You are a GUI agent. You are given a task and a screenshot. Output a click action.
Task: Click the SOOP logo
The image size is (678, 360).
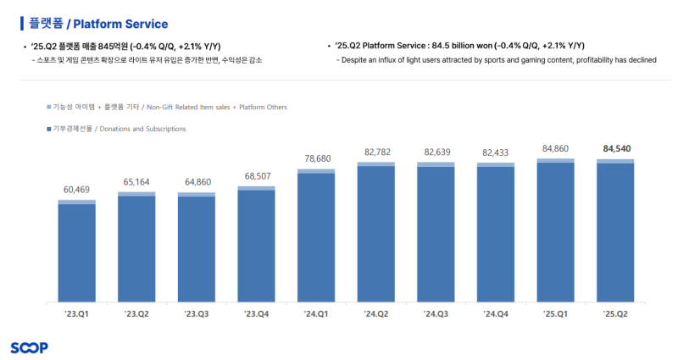pyautogui.click(x=29, y=347)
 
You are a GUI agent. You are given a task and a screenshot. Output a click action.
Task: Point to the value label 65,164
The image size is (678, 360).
pyautogui.click(x=136, y=182)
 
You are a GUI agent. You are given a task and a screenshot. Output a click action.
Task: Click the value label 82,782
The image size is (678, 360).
pyautogui.click(x=376, y=151)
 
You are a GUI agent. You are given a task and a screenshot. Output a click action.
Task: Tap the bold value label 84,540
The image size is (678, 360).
pyautogui.click(x=616, y=148)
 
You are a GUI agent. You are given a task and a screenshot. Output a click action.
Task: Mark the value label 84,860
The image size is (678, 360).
pyautogui.click(x=556, y=148)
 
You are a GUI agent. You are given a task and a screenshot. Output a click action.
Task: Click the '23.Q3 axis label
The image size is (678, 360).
pyautogui.click(x=196, y=314)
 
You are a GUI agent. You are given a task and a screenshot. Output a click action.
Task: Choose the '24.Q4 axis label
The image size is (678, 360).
pyautogui.click(x=496, y=314)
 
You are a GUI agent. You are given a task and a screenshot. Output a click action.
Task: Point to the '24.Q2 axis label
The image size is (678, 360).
pyautogui.click(x=376, y=314)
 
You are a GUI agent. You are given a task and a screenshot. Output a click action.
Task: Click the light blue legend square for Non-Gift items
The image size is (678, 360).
pyautogui.click(x=47, y=108)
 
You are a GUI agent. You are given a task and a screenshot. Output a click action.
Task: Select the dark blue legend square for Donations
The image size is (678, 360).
pyautogui.click(x=47, y=129)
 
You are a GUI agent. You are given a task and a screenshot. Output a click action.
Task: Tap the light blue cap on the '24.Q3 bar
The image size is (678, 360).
pyautogui.click(x=436, y=164)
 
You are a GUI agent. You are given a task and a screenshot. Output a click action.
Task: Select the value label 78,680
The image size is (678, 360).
pyautogui.click(x=316, y=158)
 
